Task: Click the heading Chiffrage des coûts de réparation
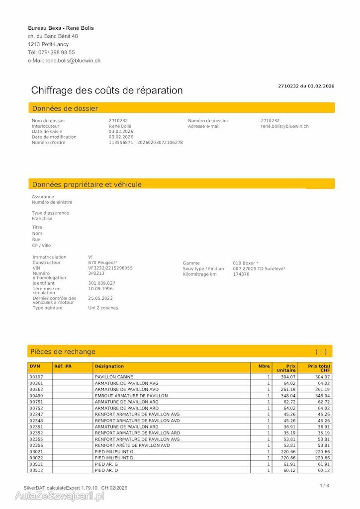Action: (x=107, y=90)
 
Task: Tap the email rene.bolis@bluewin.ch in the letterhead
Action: (x=73, y=61)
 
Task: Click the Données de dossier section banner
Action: (x=181, y=108)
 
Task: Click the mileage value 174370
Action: (x=241, y=274)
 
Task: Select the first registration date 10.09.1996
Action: (x=100, y=288)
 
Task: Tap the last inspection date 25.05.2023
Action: (x=100, y=298)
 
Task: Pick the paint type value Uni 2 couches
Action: (x=103, y=308)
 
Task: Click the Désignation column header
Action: (x=109, y=366)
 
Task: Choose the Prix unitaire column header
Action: (x=286, y=368)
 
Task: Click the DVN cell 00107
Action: (x=36, y=377)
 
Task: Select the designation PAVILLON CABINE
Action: (x=114, y=377)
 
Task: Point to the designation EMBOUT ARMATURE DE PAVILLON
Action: (x=131, y=396)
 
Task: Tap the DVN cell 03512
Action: (x=36, y=470)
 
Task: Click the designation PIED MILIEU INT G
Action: (x=114, y=451)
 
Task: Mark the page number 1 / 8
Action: (x=324, y=485)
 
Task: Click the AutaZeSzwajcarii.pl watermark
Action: (x=59, y=496)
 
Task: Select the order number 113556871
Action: (x=121, y=143)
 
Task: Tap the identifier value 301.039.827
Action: (x=102, y=283)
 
